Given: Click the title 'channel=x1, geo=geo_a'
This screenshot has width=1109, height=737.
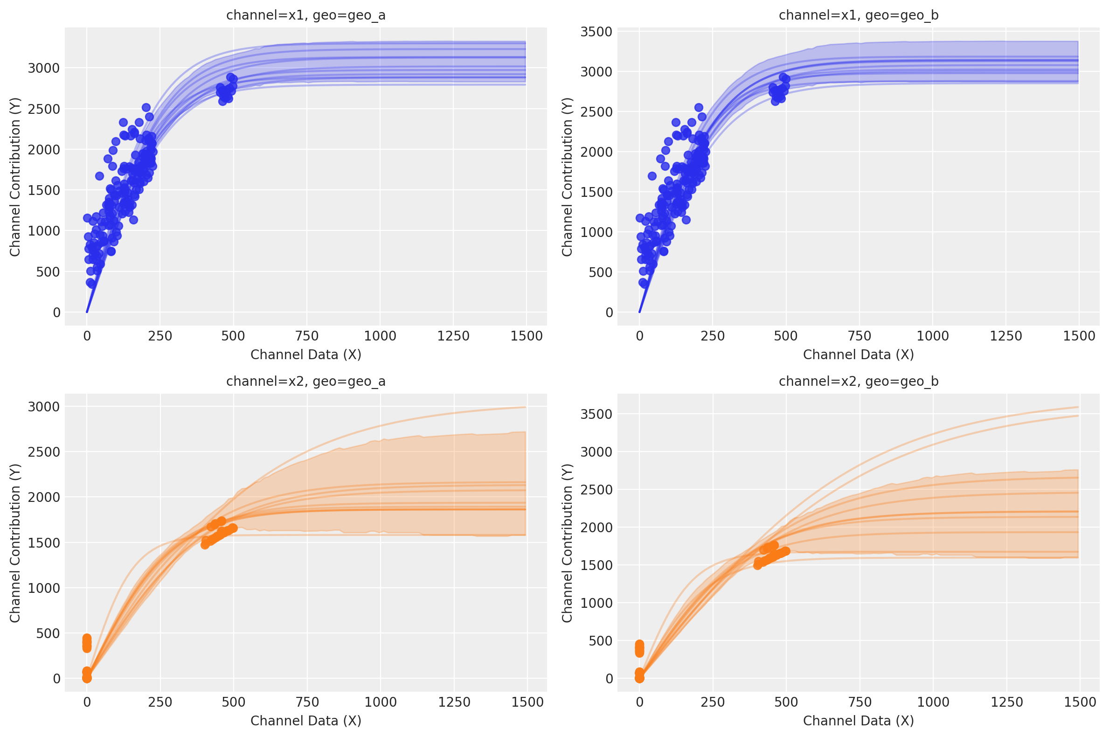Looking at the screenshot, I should [305, 15].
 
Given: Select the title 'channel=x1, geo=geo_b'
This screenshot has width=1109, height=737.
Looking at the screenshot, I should [859, 15].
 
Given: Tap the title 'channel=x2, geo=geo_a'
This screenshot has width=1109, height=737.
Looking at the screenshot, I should [305, 381].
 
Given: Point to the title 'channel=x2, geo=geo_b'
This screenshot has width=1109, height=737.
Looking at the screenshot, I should [859, 381].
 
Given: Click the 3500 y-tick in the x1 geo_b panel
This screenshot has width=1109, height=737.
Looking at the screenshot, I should [596, 32].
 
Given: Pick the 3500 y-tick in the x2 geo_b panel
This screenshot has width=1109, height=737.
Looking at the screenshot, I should [596, 414].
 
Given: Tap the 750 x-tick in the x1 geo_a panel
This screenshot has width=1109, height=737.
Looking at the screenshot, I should [306, 336].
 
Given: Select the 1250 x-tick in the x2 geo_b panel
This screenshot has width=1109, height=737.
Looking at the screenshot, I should [1006, 702].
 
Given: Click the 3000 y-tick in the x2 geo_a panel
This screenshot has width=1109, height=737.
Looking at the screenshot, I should [44, 407].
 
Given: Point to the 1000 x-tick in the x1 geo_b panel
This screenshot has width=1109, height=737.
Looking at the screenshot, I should [933, 336].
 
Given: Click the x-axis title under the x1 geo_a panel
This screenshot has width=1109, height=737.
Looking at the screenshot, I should [305, 355].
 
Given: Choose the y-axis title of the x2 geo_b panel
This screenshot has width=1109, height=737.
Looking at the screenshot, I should [567, 543].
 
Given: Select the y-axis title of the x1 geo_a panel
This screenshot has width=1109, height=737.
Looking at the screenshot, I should [14, 177].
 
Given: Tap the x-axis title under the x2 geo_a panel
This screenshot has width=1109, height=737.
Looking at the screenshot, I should [305, 721].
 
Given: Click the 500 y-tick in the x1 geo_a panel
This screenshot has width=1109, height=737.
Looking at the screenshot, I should [48, 272].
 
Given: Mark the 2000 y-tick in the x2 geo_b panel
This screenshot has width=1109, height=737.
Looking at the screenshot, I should [596, 528].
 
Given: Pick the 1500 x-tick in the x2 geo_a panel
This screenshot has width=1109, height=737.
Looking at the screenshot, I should [527, 702].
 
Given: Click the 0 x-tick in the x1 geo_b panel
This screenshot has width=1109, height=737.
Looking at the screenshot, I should [639, 336].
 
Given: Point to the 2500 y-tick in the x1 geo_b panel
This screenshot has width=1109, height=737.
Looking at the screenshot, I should [596, 112].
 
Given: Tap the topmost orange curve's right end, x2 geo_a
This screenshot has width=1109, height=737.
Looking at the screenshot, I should [525, 407].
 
